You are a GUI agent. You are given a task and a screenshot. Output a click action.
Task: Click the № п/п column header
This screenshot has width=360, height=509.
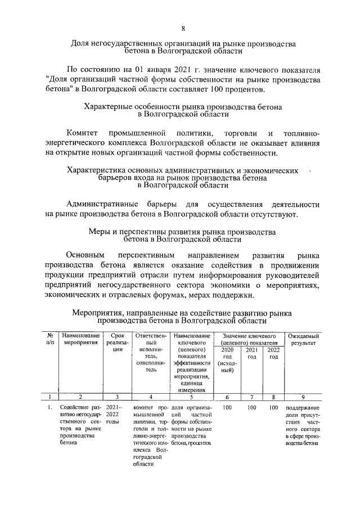tap(50, 339)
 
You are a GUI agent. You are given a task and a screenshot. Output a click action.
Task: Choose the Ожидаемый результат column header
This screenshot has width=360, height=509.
tap(303, 339)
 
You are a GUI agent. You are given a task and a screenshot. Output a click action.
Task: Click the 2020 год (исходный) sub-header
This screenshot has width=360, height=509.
tap(227, 360)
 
